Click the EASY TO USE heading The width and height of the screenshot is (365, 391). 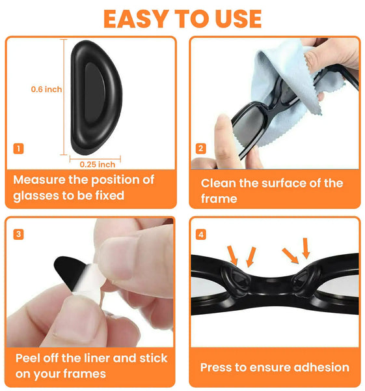point(182,19)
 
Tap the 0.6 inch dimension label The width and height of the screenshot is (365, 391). point(46,89)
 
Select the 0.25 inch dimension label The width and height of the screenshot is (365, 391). point(98,165)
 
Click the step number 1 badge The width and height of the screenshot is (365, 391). point(18,149)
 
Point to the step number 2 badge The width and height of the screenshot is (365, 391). point(201,149)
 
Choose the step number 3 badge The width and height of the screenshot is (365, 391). point(18,235)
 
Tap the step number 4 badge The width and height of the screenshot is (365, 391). point(201,235)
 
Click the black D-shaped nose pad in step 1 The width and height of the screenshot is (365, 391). point(96,98)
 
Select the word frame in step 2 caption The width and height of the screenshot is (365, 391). point(219,199)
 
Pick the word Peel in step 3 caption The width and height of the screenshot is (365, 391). point(29,358)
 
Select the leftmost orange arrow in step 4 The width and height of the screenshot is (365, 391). point(232,255)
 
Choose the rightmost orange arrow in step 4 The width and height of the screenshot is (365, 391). point(306,248)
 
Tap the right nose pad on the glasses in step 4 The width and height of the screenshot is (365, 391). point(305,280)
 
